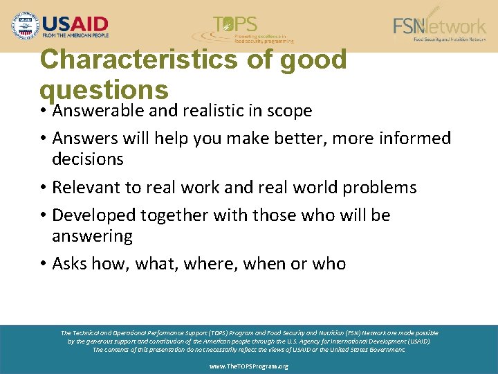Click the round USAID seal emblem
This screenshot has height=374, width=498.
pyautogui.click(x=26, y=26)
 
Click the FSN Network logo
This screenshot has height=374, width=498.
pyautogui.click(x=439, y=27)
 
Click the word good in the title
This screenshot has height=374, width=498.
pyautogui.click(x=313, y=60)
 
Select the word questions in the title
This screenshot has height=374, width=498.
pyautogui.click(x=104, y=90)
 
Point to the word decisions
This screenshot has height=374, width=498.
pyautogui.click(x=88, y=159)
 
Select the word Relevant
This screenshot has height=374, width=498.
pyautogui.click(x=86, y=188)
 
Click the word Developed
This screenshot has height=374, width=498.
pyautogui.click(x=95, y=215)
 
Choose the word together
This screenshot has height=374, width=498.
pyautogui.click(x=176, y=215)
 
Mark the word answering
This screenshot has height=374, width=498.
pyautogui.click(x=92, y=236)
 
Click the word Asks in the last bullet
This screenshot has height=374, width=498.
pyautogui.click(x=69, y=264)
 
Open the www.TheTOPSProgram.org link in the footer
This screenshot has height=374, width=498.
pyautogui.click(x=248, y=366)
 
